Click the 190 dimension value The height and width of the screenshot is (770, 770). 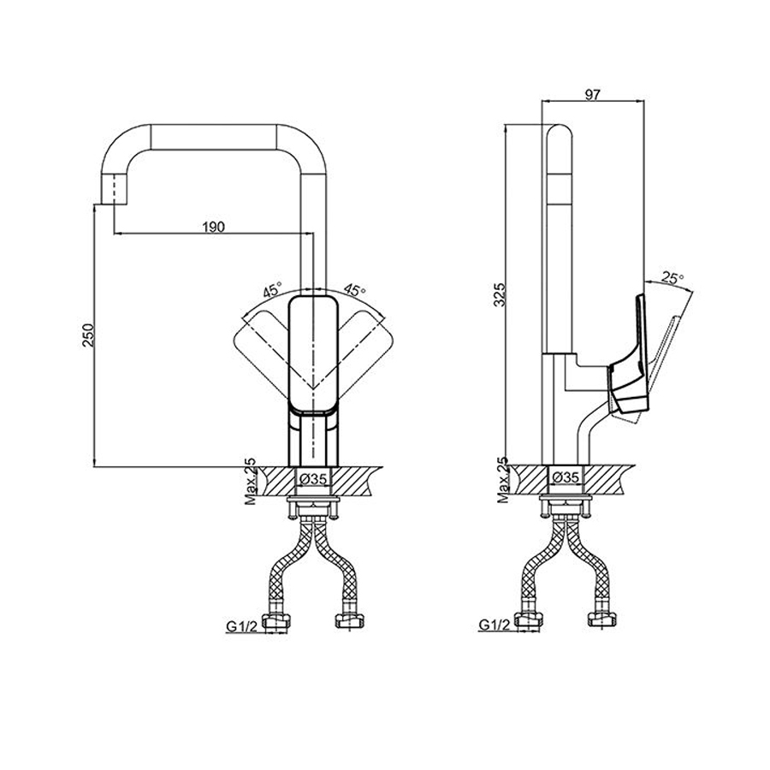(x=213, y=226)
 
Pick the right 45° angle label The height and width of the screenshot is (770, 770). (x=353, y=289)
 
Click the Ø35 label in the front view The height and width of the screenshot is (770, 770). (x=312, y=480)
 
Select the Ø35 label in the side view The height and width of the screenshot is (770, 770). (x=566, y=477)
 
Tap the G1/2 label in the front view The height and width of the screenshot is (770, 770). (x=242, y=627)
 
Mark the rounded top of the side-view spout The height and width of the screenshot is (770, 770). (x=557, y=137)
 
